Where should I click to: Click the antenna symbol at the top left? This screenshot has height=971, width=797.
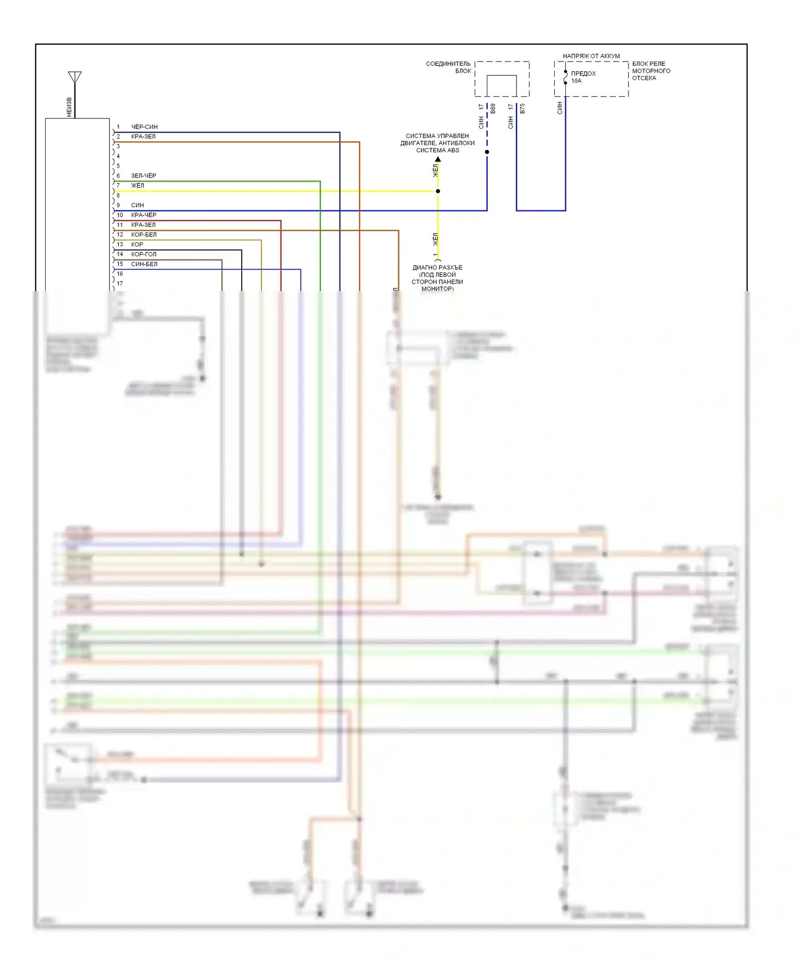pyautogui.click(x=75, y=78)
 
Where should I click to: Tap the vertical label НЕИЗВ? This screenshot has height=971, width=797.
pyautogui.click(x=69, y=107)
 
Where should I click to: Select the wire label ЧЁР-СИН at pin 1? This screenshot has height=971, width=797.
pyautogui.click(x=144, y=127)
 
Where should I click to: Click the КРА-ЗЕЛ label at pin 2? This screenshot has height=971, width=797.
pyautogui.click(x=143, y=137)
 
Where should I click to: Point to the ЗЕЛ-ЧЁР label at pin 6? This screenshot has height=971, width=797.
pyautogui.click(x=143, y=176)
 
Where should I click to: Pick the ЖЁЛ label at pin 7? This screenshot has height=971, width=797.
pyautogui.click(x=138, y=185)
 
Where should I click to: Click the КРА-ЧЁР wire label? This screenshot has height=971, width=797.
pyautogui.click(x=143, y=215)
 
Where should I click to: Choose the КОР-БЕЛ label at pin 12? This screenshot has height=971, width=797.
pyautogui.click(x=143, y=235)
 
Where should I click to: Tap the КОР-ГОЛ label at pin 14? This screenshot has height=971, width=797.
pyautogui.click(x=143, y=254)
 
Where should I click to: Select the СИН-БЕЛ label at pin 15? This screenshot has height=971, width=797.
pyautogui.click(x=144, y=264)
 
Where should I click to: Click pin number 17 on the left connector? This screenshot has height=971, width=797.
pyautogui.click(x=120, y=284)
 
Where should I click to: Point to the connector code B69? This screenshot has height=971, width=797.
pyautogui.click(x=493, y=108)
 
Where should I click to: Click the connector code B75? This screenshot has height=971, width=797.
pyautogui.click(x=522, y=108)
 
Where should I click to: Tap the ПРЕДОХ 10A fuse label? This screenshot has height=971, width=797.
pyautogui.click(x=583, y=77)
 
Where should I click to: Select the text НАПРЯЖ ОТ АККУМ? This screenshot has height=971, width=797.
pyautogui.click(x=591, y=56)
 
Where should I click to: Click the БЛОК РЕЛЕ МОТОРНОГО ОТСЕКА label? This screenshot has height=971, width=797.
pyautogui.click(x=651, y=71)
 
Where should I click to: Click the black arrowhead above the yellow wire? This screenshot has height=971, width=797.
pyautogui.click(x=438, y=159)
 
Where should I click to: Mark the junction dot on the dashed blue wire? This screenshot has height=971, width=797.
pyautogui.click(x=487, y=152)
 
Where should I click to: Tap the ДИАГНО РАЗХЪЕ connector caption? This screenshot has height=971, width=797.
pyautogui.click(x=437, y=278)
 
